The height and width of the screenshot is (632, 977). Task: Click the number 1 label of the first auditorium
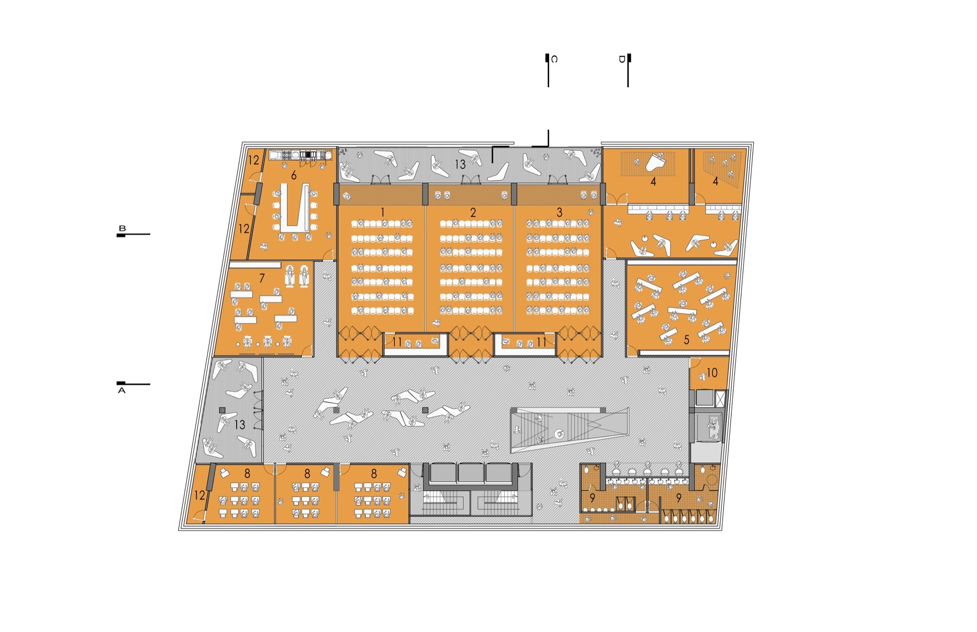pos(382,212)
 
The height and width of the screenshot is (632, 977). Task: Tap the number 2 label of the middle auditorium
pos(473,212)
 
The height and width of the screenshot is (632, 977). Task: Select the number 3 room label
pos(559,212)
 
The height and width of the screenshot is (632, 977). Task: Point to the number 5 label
pos(686,339)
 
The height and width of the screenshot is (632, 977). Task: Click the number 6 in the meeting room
pos(294,175)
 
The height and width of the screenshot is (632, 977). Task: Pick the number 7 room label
pos(262,278)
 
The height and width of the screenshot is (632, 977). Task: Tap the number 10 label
pos(712,373)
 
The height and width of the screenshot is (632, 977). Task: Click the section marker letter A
pos(122,391)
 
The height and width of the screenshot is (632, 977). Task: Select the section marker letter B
pos(122,228)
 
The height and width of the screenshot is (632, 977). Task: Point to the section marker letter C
pos(554,59)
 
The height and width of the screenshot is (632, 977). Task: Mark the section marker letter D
pos(622,59)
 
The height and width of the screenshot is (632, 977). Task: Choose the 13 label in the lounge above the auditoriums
pos(460,165)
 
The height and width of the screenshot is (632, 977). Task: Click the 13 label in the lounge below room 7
pos(239,424)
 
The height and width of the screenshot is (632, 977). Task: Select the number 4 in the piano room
pos(653,182)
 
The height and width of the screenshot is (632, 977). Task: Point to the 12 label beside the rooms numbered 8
pos(200,495)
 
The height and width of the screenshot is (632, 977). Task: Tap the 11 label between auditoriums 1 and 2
pos(397,342)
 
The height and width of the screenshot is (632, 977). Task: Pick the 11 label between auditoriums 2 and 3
pos(541,342)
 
